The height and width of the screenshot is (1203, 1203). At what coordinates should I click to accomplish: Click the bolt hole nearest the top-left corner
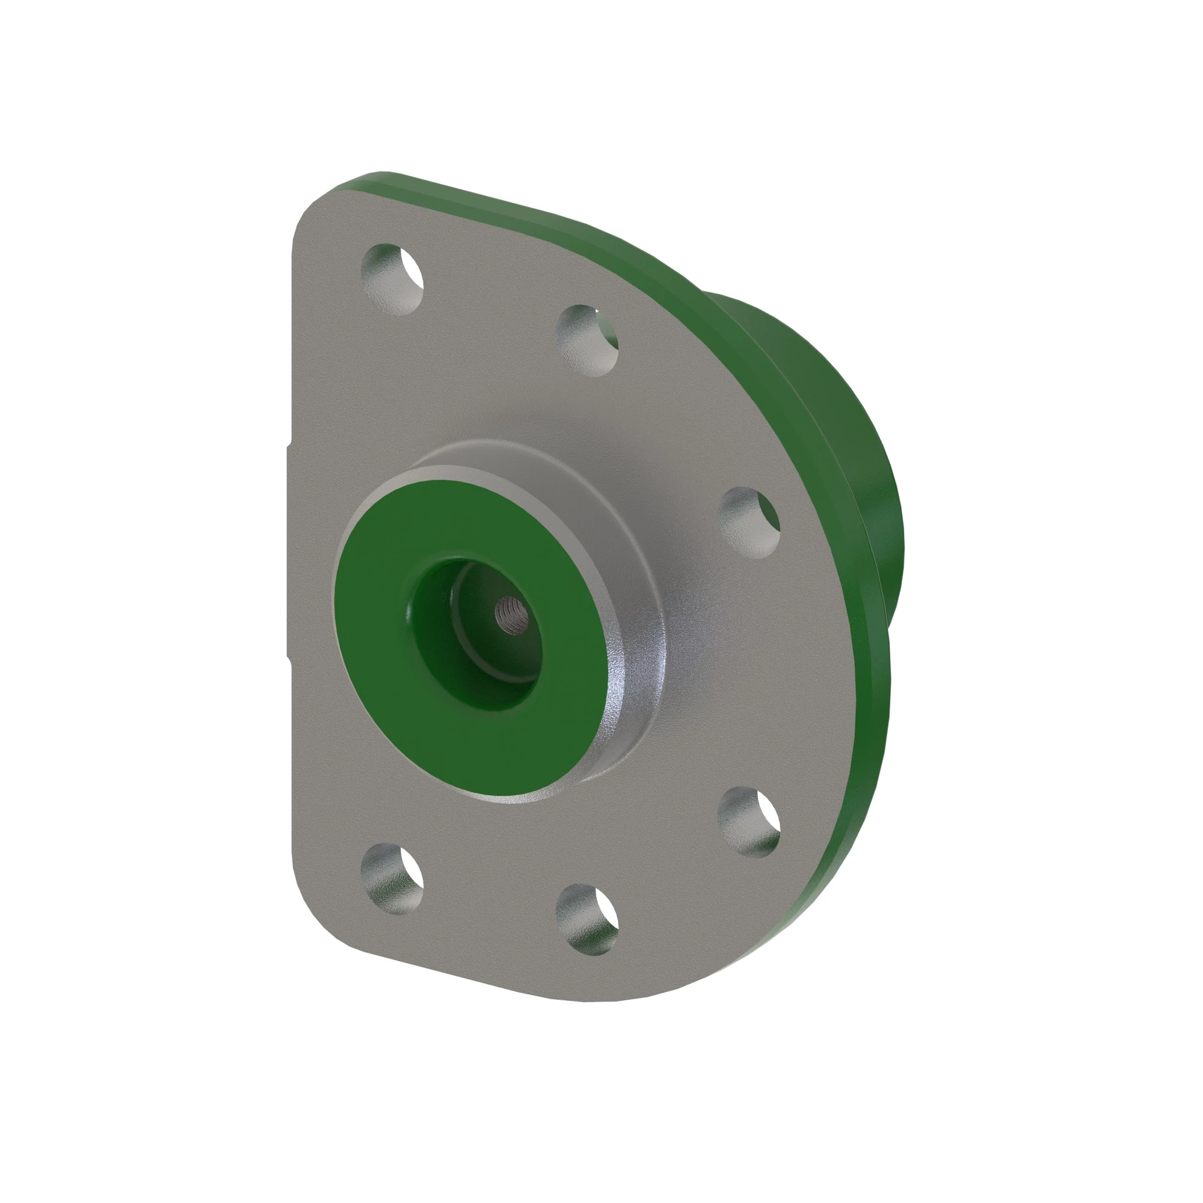[x=392, y=278]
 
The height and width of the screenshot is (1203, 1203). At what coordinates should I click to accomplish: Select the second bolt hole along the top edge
[x=586, y=340]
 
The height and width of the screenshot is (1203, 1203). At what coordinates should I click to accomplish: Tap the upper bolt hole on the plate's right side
[x=749, y=521]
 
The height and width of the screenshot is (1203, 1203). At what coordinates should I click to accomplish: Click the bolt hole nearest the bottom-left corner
[x=392, y=879]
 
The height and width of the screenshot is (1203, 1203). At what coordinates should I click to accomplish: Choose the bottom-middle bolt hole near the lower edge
[x=586, y=919]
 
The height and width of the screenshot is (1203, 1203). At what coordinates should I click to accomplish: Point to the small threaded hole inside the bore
[x=512, y=613]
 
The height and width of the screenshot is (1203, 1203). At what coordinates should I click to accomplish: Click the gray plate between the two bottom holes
[x=492, y=903]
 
